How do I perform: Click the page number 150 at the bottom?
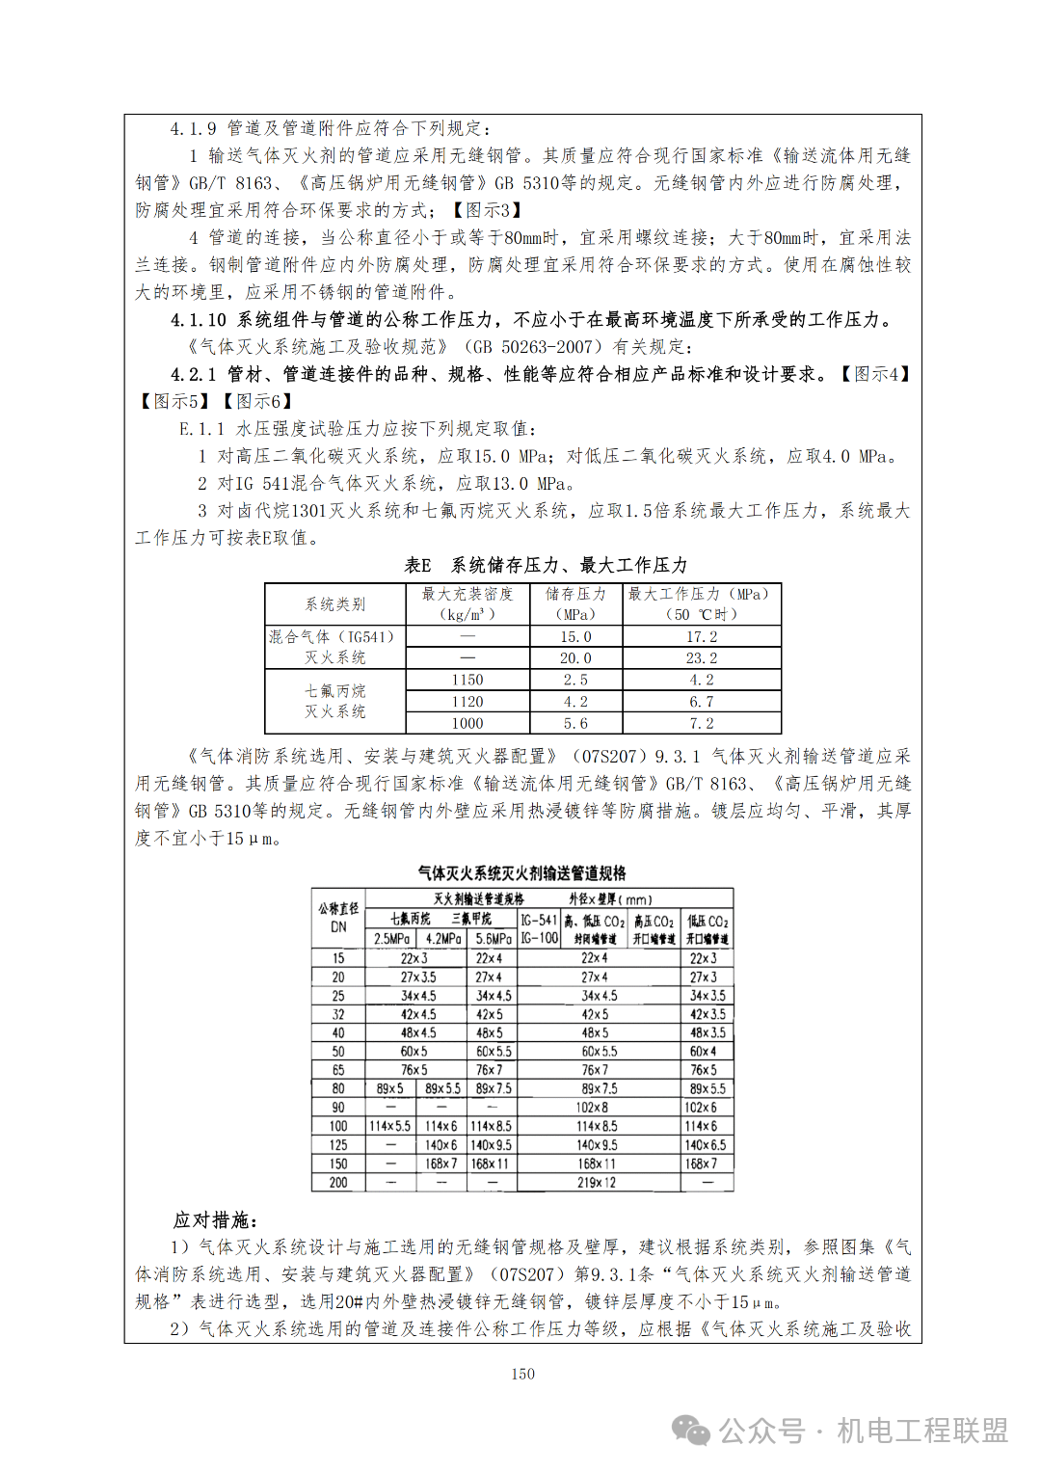(522, 1374)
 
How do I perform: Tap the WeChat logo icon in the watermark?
(691, 1431)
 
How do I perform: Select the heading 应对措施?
(215, 1220)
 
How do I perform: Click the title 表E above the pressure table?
(417, 565)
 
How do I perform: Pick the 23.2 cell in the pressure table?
(701, 658)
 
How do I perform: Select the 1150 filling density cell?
(467, 681)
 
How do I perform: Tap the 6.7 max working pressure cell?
(701, 702)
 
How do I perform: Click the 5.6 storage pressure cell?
(575, 724)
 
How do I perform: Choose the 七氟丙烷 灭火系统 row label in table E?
(335, 702)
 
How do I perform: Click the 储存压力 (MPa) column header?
(575, 604)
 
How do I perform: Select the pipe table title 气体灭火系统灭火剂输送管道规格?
(521, 873)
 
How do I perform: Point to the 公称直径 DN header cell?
(338, 918)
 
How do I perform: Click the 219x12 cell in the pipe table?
(596, 1183)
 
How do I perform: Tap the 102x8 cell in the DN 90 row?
(593, 1108)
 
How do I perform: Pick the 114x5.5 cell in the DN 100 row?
(389, 1126)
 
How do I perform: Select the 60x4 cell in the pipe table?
(703, 1052)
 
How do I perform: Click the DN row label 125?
(338, 1145)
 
